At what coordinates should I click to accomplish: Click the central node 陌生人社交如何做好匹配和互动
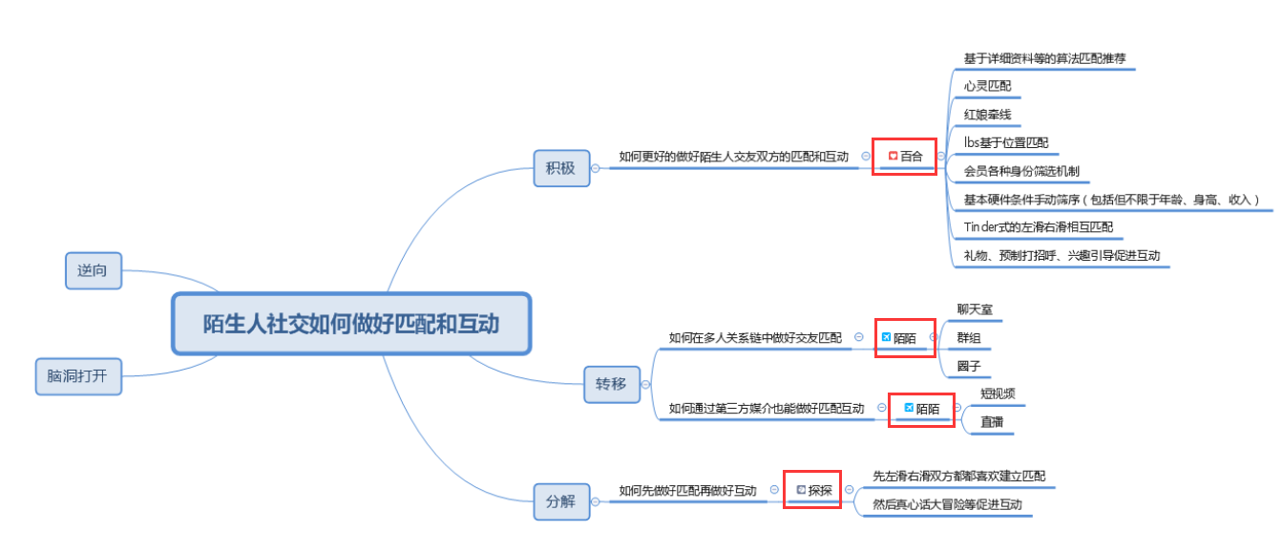coord(351,324)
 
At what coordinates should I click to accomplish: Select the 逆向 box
coord(94,270)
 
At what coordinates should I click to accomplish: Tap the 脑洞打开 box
coord(78,376)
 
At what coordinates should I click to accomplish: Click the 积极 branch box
coord(561,168)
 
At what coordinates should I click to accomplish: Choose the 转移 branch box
coord(612,384)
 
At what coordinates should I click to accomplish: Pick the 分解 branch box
coord(561,501)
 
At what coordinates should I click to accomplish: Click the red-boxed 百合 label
coord(912,156)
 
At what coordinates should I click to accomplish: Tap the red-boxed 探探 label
coord(820,490)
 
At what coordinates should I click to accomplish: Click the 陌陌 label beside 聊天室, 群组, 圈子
coord(905,338)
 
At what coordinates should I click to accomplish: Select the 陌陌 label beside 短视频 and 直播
coord(928,409)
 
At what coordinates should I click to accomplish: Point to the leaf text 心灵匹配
coord(987,86)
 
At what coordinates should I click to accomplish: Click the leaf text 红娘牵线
coord(987,115)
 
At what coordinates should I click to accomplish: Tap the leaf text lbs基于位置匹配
coord(1006,142)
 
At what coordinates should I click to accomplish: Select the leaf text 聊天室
coord(975,309)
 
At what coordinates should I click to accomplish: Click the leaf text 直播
coord(992,422)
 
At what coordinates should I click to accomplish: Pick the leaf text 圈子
coord(969,366)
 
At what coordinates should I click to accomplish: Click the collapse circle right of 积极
coord(595,168)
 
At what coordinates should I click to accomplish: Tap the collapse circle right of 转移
coord(645,385)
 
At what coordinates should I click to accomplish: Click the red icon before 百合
coord(893,156)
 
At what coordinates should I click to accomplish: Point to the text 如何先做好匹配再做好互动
coord(688,491)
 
